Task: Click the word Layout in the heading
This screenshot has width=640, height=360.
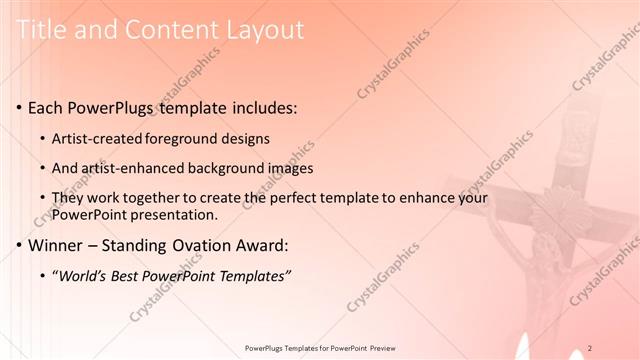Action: [x=264, y=30]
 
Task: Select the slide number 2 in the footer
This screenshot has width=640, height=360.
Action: [x=591, y=348]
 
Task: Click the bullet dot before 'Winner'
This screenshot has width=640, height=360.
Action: [x=20, y=244]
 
